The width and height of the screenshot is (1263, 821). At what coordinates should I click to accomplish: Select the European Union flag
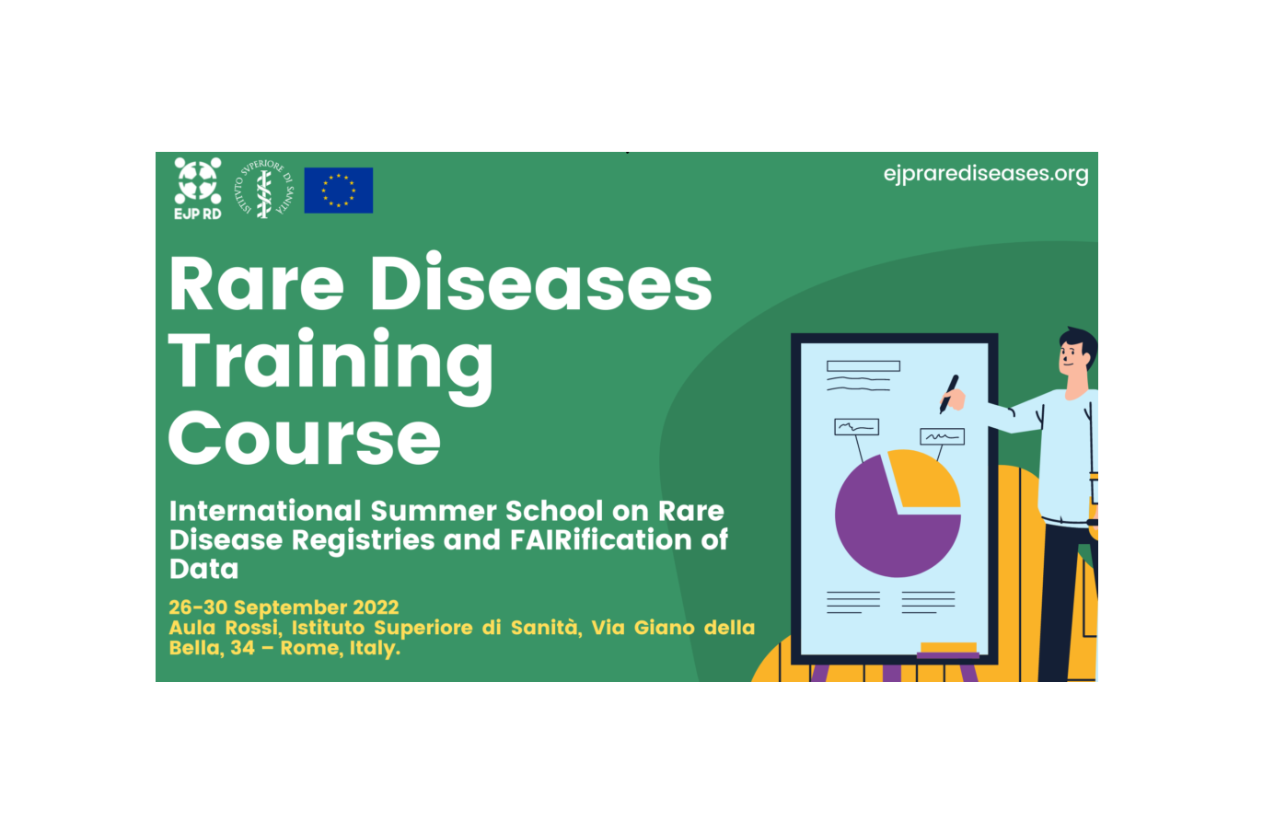338,191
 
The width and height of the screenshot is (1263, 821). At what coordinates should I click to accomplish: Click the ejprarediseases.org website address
985,174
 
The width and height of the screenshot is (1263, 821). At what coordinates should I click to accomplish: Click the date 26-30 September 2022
284,607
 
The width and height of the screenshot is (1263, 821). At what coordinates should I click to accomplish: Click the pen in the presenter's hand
948,392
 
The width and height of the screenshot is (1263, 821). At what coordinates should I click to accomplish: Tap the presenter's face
1072,359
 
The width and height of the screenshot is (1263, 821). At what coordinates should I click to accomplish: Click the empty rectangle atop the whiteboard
863,365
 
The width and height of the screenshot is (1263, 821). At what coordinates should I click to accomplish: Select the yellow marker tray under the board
948,647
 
